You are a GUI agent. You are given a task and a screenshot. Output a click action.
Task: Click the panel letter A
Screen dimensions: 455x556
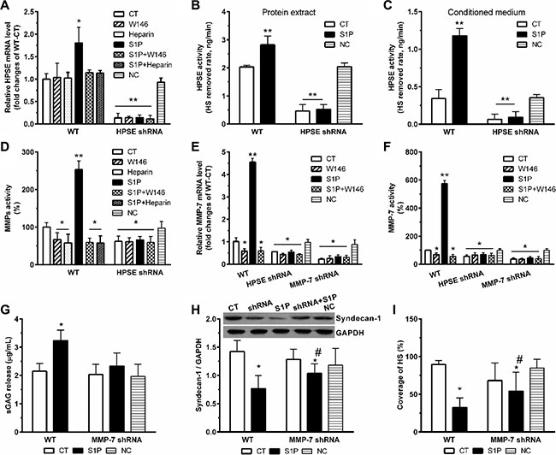tap(6, 8)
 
